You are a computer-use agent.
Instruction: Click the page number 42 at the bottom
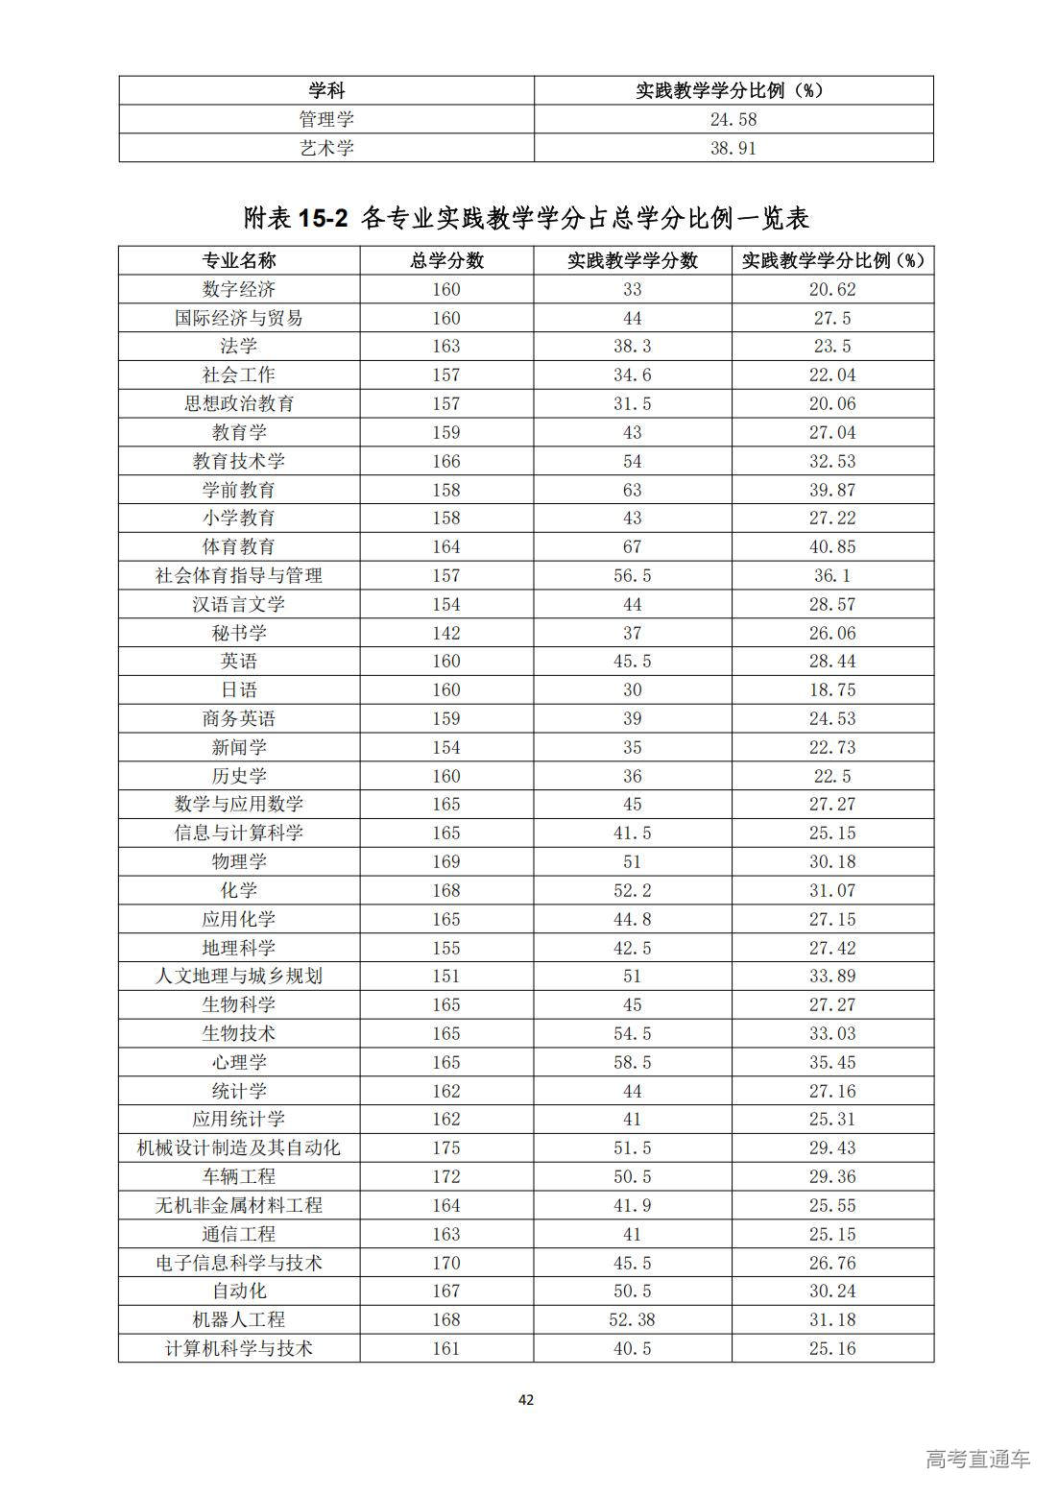526,1399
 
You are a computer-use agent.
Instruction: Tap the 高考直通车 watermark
978,1459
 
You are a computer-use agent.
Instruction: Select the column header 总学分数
446,261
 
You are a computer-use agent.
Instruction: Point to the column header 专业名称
239,261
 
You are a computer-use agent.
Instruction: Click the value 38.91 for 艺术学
733,148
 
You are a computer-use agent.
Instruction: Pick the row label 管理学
326,119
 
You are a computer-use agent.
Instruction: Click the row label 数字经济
239,289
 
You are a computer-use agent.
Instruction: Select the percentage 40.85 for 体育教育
831,546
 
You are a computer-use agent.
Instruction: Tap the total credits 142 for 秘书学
446,633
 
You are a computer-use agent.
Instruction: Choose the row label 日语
239,689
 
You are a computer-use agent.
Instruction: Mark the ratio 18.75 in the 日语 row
831,689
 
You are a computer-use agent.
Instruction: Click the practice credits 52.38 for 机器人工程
632,1319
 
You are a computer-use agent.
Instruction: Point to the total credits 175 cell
446,1147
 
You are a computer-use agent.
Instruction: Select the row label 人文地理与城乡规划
239,976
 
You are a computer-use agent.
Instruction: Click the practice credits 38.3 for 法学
632,346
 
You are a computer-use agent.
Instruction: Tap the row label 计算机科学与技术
239,1348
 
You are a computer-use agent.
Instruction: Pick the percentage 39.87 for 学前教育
831,490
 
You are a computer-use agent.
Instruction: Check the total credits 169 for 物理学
446,861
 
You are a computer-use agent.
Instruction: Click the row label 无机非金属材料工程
239,1205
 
